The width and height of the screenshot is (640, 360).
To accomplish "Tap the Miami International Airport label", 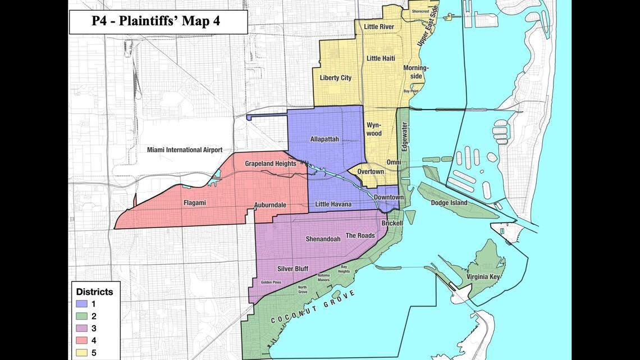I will [185, 150].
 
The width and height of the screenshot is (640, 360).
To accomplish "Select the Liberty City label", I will [335, 78].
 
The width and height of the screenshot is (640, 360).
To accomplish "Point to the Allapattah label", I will [324, 139].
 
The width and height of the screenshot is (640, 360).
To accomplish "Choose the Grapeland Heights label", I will [270, 163].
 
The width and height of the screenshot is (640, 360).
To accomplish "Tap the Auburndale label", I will [270, 205].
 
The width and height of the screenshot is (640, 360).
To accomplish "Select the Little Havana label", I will [333, 204].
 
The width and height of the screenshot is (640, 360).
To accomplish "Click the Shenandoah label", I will [323, 239].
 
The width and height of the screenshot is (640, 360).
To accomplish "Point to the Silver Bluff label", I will [293, 269].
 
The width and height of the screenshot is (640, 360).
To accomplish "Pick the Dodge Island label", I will [449, 203].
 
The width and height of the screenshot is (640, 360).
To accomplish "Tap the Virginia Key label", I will [483, 277].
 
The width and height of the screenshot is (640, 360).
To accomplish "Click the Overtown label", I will [371, 171].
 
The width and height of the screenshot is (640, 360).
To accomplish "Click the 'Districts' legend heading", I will [94, 292].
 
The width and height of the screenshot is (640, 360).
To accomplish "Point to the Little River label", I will [379, 26].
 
